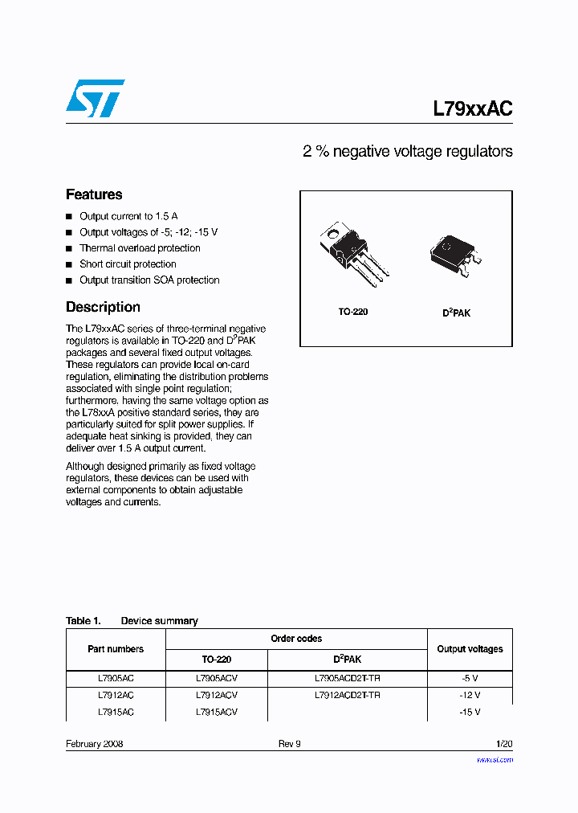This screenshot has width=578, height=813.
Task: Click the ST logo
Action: click(95, 98)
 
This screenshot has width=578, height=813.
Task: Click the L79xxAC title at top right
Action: click(472, 109)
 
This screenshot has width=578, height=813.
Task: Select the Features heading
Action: click(94, 194)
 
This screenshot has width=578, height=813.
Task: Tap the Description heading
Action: click(103, 307)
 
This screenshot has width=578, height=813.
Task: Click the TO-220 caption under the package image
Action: click(352, 312)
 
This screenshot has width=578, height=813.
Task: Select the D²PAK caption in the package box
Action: click(456, 312)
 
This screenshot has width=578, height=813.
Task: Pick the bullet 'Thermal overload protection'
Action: click(140, 248)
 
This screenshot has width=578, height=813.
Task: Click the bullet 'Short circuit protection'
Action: click(128, 264)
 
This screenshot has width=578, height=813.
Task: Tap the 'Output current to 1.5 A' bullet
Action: click(128, 216)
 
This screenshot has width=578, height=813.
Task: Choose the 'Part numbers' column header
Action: click(116, 649)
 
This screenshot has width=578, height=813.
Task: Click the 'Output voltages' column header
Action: click(470, 649)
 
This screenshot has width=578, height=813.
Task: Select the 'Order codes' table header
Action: click(296, 639)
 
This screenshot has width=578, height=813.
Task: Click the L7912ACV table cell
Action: click(216, 695)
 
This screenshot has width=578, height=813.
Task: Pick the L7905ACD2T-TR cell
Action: click(347, 678)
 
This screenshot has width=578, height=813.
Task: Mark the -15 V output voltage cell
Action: click(470, 712)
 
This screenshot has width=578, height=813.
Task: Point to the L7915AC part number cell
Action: click(116, 712)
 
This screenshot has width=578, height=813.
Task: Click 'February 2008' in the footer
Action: click(94, 744)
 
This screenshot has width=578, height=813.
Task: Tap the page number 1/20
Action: click(503, 744)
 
